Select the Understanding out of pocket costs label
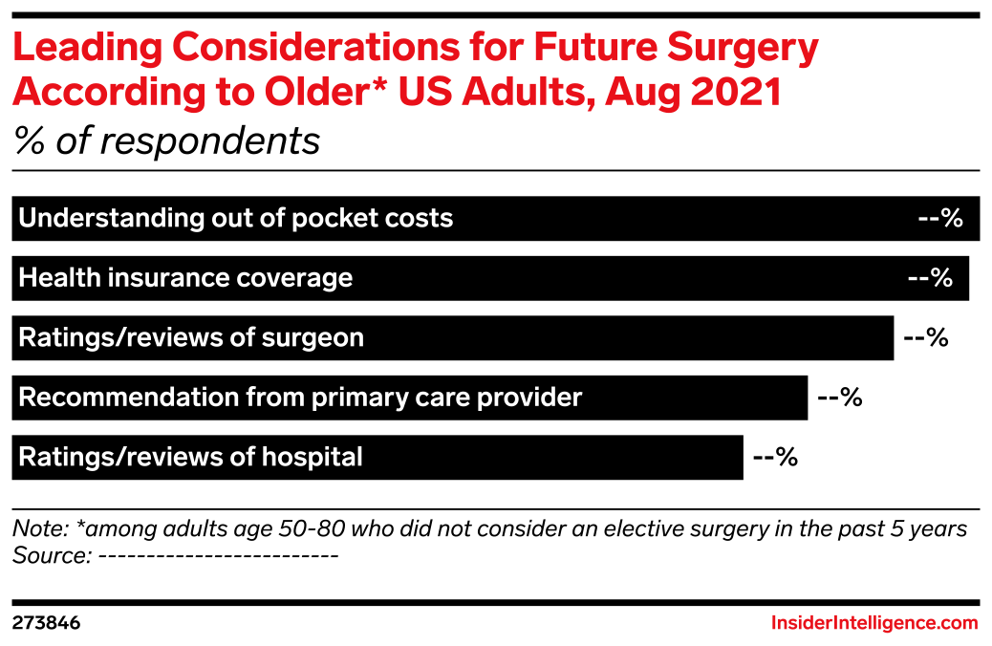click(235, 219)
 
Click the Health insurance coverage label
click(185, 278)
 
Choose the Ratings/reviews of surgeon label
click(191, 338)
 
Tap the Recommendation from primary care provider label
click(300, 398)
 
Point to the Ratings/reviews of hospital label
click(190, 458)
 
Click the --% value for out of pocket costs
click(939, 219)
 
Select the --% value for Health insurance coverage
click(929, 278)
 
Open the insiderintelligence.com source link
click(874, 623)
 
